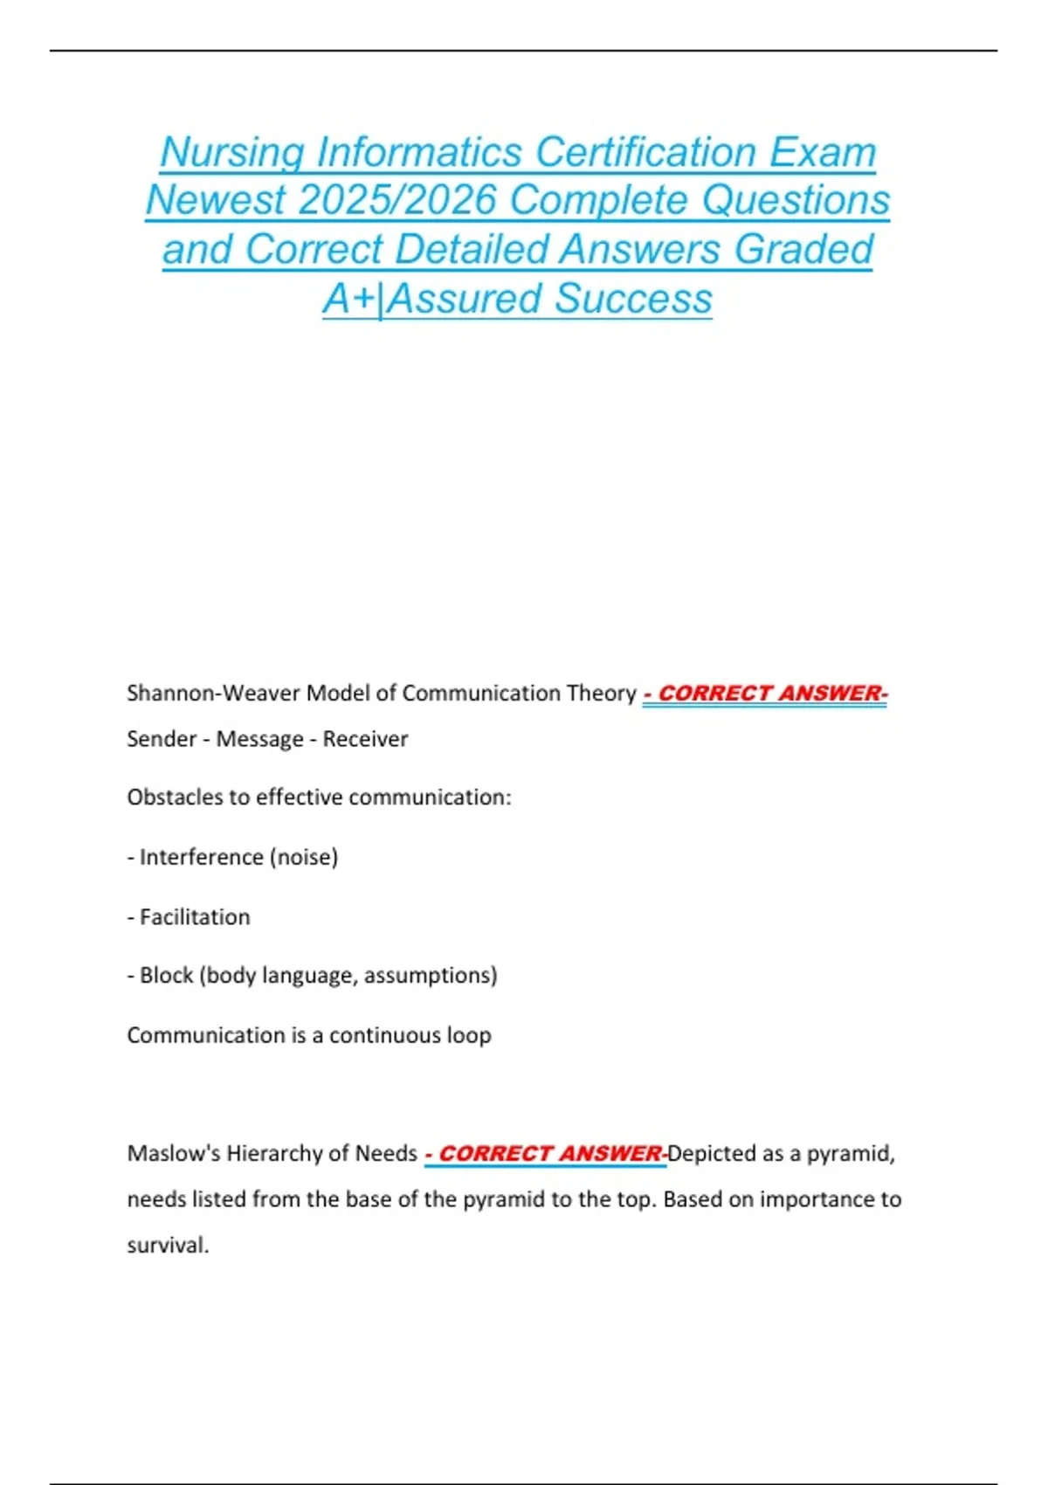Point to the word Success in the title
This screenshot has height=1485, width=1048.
coord(633,298)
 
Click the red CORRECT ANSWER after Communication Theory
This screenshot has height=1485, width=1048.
coord(765,694)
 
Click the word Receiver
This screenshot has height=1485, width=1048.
coord(365,739)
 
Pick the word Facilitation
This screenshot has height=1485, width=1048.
coord(195,917)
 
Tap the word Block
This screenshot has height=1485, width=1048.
coord(166,976)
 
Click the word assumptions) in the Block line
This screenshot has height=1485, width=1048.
coord(431,976)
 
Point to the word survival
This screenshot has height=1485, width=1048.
coord(167,1245)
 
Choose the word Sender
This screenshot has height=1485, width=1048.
coord(159,739)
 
